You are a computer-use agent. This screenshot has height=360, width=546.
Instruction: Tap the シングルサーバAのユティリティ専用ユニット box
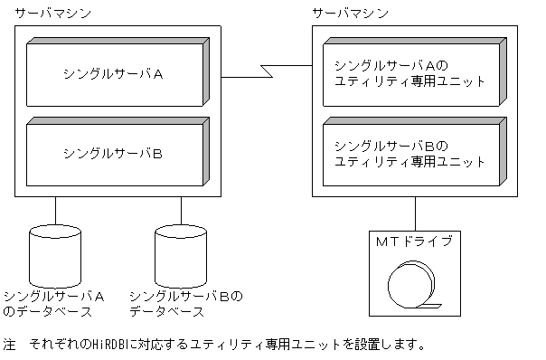point(411,73)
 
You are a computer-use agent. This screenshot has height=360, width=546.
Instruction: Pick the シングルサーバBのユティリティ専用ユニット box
point(411,153)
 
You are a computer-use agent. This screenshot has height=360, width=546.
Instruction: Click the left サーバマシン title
point(52,14)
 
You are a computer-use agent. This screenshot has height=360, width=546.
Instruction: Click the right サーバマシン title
point(350,14)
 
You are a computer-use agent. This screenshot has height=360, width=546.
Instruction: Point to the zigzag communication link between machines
point(267,71)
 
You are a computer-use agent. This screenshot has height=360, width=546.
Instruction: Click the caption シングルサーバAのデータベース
point(53,304)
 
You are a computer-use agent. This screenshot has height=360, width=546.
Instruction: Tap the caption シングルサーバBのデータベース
point(186,304)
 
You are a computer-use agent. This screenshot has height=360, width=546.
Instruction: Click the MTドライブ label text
point(414,241)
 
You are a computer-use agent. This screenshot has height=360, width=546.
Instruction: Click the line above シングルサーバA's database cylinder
point(56,210)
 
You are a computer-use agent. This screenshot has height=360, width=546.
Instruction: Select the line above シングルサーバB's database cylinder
point(181,210)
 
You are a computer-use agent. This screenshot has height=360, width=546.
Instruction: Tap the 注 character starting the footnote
point(10,345)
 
